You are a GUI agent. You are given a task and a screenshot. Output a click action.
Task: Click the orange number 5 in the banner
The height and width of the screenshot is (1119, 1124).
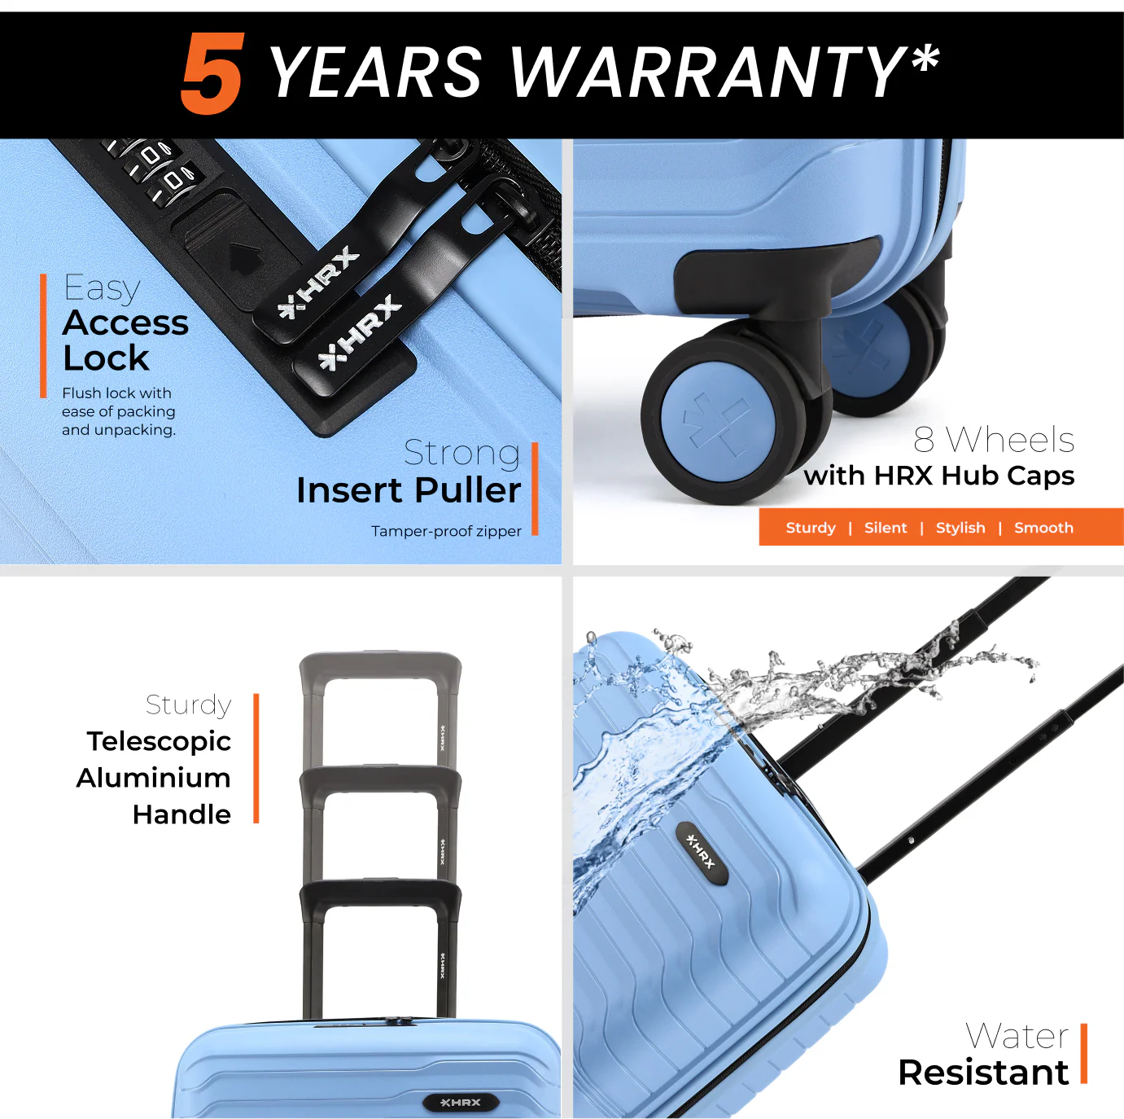(212, 73)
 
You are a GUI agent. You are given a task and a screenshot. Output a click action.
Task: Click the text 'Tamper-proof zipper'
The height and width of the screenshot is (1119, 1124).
(446, 531)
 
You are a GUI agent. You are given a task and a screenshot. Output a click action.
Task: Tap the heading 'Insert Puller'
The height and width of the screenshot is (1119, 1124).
(409, 489)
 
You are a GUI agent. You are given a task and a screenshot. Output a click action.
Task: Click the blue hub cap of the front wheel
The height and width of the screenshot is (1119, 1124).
(717, 423)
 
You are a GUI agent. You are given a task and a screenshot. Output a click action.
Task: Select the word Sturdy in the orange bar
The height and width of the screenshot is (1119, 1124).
(811, 528)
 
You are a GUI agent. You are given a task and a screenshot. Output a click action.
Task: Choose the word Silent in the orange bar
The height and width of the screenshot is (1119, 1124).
(886, 528)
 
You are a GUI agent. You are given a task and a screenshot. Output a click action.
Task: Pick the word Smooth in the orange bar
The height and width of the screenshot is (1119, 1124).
(1043, 528)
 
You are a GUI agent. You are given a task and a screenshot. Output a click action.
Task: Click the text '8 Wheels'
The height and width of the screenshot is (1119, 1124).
(994, 440)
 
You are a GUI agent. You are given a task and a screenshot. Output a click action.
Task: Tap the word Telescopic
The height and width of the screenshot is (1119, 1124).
(160, 742)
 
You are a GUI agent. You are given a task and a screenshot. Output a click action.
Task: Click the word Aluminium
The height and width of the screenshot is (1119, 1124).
(153, 778)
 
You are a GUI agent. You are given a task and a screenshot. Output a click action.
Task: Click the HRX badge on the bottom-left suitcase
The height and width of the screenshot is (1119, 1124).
(460, 1102)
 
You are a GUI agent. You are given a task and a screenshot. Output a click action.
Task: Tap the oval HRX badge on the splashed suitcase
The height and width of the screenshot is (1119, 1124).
(702, 853)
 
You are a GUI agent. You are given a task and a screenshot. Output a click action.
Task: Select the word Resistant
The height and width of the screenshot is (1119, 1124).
(983, 1073)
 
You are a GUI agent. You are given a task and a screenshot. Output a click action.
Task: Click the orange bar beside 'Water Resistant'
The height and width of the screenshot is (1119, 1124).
(1084, 1054)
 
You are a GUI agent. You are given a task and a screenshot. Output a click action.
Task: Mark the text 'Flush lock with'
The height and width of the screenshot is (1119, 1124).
(116, 393)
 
